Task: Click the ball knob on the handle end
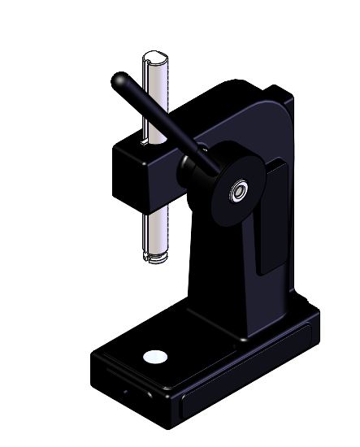(120, 81)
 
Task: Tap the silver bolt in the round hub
(239, 192)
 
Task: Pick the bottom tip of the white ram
(154, 258)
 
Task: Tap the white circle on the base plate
(154, 356)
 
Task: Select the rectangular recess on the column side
(272, 215)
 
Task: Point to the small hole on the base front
(125, 390)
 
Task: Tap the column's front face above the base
(215, 276)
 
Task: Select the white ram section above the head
(154, 98)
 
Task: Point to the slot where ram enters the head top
(146, 140)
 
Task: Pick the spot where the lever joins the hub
(213, 166)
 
